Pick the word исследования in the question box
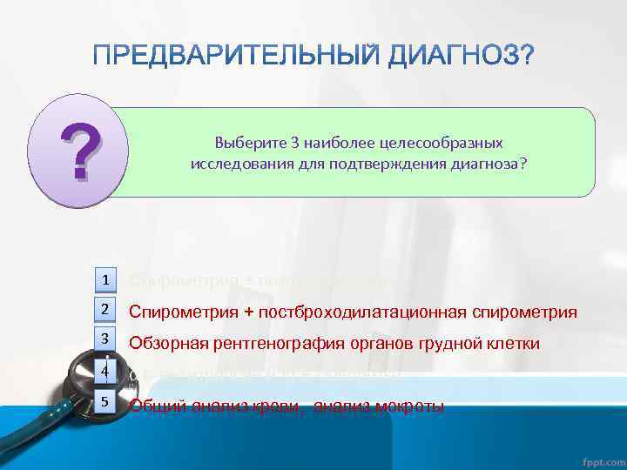coord(232,163)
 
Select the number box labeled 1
coord(104,279)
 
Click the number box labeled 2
coord(104,309)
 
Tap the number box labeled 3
coord(104,339)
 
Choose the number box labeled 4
coord(104,372)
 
